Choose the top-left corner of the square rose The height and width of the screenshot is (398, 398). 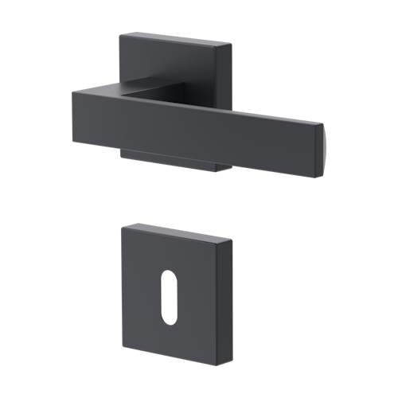point(121,34)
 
